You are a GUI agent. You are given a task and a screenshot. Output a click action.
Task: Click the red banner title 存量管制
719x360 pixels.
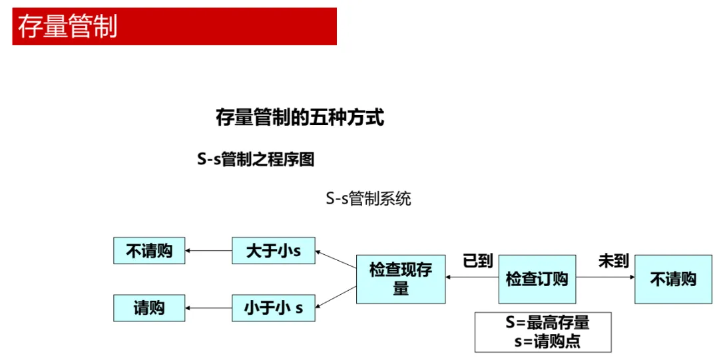(x=67, y=27)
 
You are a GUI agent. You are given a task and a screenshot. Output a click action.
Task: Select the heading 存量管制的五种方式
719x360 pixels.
(x=300, y=118)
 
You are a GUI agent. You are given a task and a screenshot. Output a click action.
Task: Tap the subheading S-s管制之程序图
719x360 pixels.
(x=256, y=159)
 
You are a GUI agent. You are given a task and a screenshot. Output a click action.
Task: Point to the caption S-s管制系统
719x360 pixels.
(x=368, y=198)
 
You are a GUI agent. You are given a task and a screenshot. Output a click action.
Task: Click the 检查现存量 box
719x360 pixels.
(x=401, y=279)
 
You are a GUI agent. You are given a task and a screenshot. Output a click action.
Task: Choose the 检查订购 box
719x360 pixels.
(x=537, y=279)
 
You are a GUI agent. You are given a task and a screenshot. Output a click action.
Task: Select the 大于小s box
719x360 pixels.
(x=273, y=251)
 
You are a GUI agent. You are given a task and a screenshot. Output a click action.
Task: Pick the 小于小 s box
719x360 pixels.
(x=273, y=308)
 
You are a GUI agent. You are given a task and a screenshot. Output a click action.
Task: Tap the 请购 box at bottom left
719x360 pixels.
(x=149, y=308)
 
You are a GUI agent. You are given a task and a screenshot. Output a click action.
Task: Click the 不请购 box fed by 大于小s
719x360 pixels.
(x=149, y=251)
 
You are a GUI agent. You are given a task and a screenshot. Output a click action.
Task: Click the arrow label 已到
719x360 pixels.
(x=477, y=261)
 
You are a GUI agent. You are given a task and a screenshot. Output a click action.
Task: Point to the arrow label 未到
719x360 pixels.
(x=613, y=261)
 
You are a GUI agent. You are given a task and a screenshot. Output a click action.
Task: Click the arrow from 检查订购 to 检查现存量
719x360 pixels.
(x=472, y=279)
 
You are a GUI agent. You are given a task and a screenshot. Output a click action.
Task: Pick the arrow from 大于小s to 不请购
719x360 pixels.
(x=208, y=251)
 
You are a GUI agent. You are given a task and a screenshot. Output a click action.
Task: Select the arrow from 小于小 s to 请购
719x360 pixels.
(x=208, y=308)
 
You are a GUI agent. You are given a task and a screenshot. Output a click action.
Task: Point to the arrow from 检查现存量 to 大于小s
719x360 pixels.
(x=336, y=260)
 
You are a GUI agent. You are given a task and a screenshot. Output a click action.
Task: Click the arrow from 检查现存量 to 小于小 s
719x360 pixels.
(x=336, y=297)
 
